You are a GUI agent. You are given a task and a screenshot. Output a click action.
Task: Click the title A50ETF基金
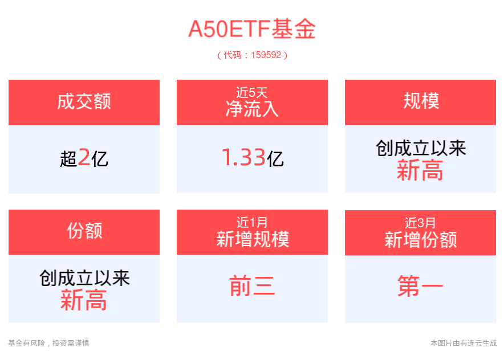pos(251,30)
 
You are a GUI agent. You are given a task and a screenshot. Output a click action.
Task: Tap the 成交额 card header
pos(84,101)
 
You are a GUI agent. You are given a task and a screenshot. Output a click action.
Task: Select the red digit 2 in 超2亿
pos(84,158)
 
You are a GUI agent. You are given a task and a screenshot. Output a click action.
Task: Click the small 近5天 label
pos(251,91)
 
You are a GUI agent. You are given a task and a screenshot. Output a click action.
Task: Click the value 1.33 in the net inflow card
pos(243,158)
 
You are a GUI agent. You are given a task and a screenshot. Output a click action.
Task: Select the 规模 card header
pos(420,101)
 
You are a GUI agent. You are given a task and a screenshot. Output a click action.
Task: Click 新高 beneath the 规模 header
pos(420,170)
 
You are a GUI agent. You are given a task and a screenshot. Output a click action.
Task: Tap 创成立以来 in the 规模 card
pos(420,149)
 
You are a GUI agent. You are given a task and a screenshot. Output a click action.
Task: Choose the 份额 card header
pos(84,231)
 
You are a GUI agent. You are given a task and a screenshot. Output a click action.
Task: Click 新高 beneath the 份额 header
pos(84,300)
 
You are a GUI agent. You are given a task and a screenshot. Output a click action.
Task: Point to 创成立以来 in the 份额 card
pos(84,279)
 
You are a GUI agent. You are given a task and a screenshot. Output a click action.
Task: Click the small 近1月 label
pos(251,222)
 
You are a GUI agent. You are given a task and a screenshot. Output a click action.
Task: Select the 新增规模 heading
pos(251,239)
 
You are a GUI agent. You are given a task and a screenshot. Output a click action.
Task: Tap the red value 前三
pos(251,287)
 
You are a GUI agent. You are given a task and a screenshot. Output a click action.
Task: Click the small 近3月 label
pos(420,222)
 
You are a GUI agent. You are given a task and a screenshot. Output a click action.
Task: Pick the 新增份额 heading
pos(420,239)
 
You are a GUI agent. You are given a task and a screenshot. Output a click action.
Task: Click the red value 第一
pos(420,287)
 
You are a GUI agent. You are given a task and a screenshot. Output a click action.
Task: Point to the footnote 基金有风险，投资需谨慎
pos(48,343)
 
